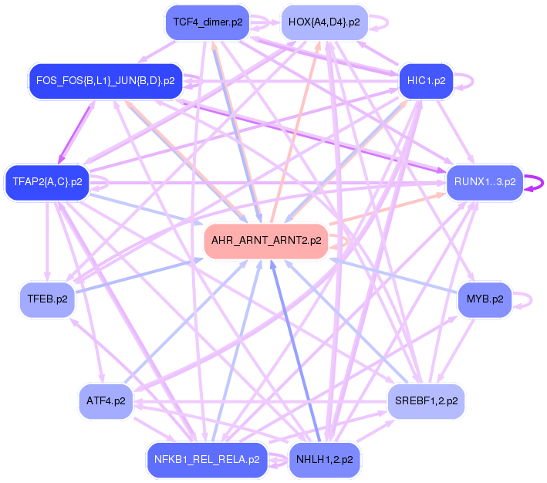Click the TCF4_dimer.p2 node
point(208,22)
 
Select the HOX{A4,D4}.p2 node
point(323,22)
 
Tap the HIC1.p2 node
point(426,81)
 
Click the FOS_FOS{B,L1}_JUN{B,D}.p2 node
point(105,80)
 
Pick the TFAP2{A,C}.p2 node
point(47,182)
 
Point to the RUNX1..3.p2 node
point(484,183)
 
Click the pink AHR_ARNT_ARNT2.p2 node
point(265,241)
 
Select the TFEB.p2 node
point(47,299)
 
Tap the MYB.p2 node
point(485,299)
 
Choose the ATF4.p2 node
point(106,401)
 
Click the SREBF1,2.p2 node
point(426,401)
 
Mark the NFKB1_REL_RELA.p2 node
point(206,460)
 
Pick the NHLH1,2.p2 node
point(324,460)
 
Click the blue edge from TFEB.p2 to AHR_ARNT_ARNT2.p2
point(139,278)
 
